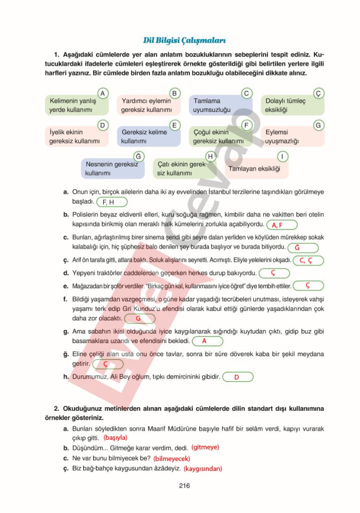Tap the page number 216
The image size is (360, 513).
[184, 485]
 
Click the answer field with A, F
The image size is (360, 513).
[282, 225]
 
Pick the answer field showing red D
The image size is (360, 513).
[238, 377]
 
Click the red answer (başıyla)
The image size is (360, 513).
[116, 437]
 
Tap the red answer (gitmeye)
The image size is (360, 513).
[205, 447]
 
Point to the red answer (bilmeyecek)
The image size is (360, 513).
[172, 458]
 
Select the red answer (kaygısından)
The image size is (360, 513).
[203, 469]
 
